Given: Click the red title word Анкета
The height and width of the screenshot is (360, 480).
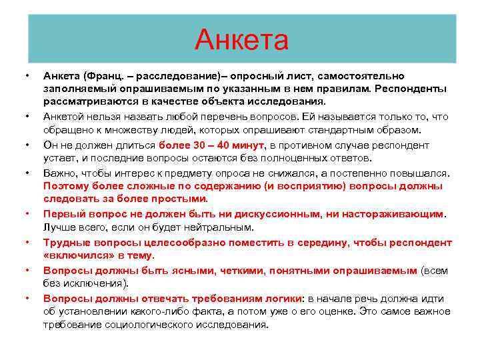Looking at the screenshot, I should [241, 40].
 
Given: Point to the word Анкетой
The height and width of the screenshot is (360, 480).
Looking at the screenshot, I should [66, 117].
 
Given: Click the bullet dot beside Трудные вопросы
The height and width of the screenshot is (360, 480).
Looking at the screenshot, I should [27, 243].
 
